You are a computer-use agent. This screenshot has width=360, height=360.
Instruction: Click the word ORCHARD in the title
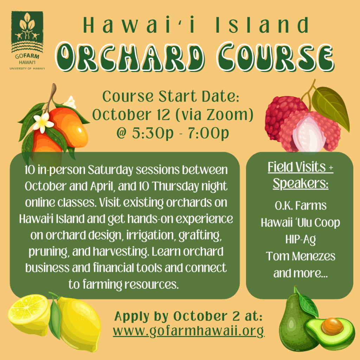[x=130, y=57]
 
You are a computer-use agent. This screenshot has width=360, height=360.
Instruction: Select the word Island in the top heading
[x=262, y=25]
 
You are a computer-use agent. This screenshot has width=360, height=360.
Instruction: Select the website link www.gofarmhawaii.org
[x=189, y=331]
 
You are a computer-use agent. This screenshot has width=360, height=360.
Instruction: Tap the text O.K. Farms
[x=301, y=205]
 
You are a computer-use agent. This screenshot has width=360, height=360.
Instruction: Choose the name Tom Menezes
[x=301, y=256]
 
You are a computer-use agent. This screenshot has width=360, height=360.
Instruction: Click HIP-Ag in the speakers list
[x=301, y=240]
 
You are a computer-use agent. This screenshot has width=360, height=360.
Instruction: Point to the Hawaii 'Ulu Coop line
[x=301, y=223]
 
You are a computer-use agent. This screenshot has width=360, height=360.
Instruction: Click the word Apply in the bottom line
[x=132, y=317]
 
